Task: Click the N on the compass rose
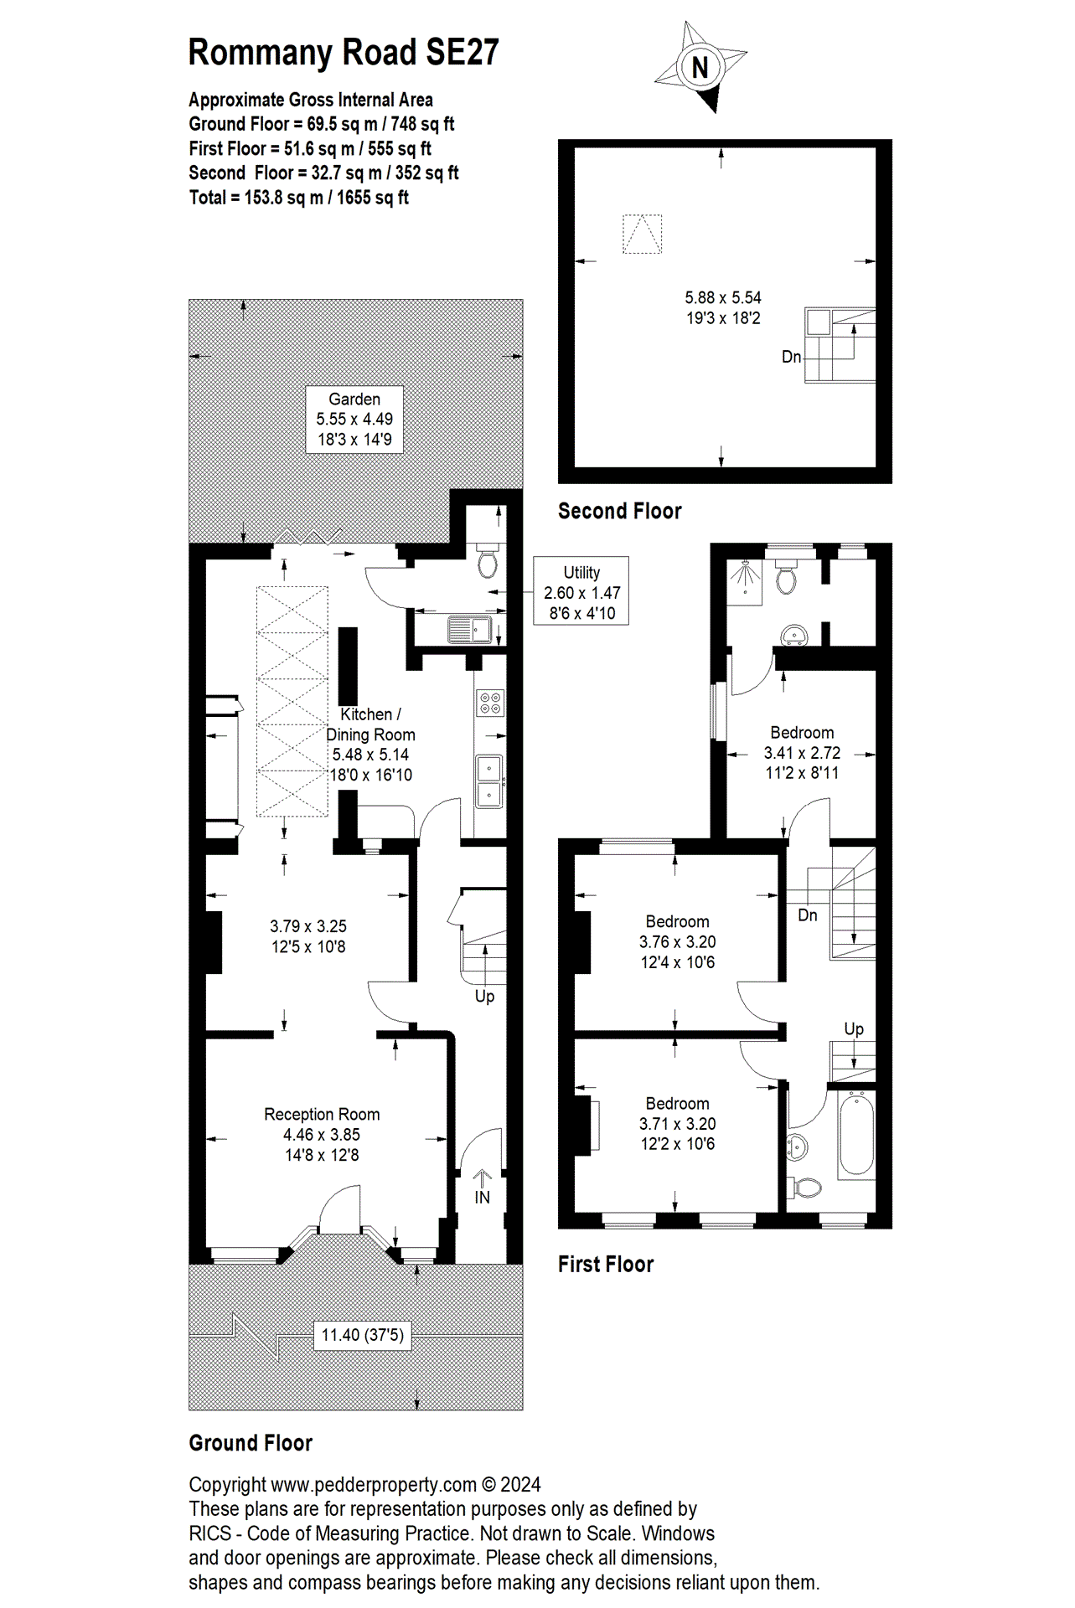[x=700, y=67]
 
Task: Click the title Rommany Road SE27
[x=343, y=53]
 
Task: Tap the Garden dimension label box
[x=354, y=420]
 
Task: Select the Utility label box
[x=581, y=591]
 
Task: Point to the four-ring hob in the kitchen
[x=490, y=703]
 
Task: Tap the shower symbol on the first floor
[x=744, y=579]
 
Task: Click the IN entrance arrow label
[x=482, y=1197]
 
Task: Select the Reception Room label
[x=322, y=1115]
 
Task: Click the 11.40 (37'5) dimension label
[x=363, y=1335]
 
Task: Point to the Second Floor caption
[x=619, y=511]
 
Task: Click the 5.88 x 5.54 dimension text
[x=722, y=298]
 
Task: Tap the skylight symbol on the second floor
[x=642, y=234]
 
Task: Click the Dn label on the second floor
[x=791, y=357]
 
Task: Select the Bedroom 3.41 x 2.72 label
[x=802, y=752]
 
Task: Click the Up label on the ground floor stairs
[x=484, y=996]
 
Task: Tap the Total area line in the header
[x=298, y=198]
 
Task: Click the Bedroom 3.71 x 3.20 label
[x=677, y=1123]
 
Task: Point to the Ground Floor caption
[x=250, y=1443]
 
